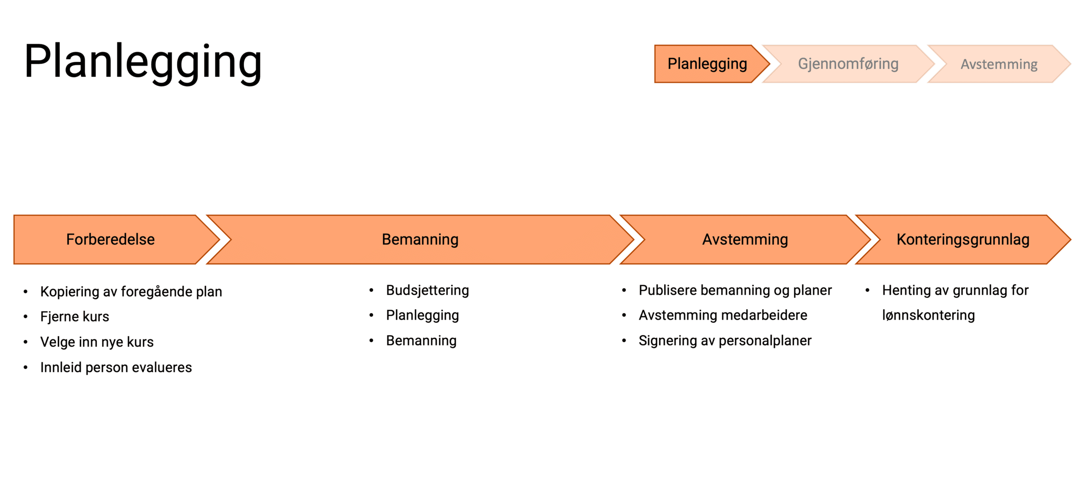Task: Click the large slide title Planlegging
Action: (x=143, y=62)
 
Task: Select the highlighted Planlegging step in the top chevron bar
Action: (x=707, y=64)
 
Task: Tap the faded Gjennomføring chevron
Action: (x=847, y=64)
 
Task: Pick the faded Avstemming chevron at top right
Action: (x=998, y=64)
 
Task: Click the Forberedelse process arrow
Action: (x=110, y=239)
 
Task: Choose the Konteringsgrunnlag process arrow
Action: (x=962, y=239)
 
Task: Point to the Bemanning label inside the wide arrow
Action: (x=420, y=239)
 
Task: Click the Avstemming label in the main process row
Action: (x=744, y=239)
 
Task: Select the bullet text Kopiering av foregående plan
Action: (x=131, y=291)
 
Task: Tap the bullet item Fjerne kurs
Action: (x=74, y=316)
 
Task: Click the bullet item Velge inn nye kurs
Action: (x=97, y=342)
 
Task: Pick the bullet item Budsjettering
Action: (x=427, y=290)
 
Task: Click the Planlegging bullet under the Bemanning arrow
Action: (x=422, y=315)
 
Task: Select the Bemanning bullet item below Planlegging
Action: (x=421, y=340)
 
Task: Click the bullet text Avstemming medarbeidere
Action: (x=722, y=315)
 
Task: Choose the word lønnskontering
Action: (x=928, y=315)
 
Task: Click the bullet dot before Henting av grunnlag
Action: (x=867, y=290)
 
